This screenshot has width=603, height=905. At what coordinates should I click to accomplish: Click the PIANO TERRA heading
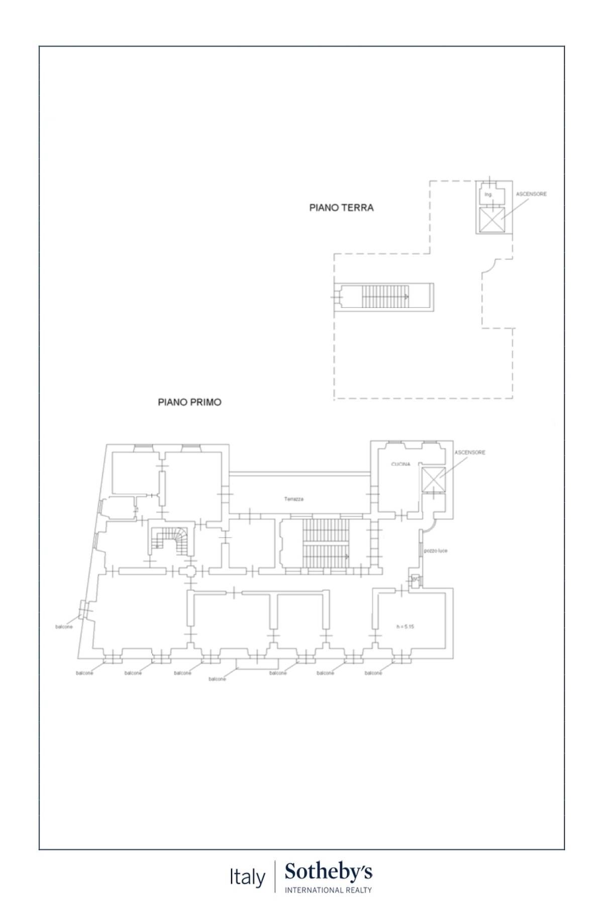tap(341, 207)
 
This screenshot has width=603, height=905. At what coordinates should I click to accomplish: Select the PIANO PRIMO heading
tap(189, 402)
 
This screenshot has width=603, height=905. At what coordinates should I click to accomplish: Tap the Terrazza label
tap(293, 499)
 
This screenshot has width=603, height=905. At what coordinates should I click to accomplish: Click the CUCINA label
tap(400, 464)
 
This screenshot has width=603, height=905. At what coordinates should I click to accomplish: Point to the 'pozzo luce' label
tap(435, 551)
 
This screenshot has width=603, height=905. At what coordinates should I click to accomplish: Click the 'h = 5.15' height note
tap(405, 626)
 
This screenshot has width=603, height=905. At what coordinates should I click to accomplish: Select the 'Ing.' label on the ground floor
tap(488, 194)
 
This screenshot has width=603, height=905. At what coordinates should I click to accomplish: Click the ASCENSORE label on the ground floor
tap(531, 194)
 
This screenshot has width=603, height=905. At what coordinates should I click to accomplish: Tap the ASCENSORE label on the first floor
tap(470, 452)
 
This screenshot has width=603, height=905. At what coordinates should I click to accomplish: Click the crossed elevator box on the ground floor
tap(491, 220)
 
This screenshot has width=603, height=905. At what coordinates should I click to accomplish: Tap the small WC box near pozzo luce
tap(415, 580)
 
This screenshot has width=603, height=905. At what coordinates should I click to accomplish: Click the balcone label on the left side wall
tap(64, 627)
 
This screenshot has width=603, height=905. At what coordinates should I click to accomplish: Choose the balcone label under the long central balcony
tap(217, 679)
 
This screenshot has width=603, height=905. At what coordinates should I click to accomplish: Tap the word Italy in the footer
tap(247, 878)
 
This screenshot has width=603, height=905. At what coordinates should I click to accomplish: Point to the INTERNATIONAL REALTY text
tap(329, 890)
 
